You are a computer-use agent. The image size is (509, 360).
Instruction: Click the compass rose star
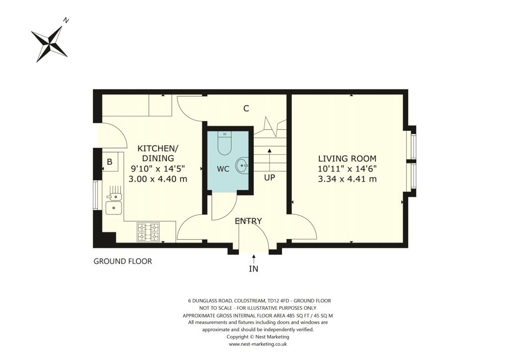point(49,43)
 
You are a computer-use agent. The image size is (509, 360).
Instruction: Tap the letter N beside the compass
point(66,20)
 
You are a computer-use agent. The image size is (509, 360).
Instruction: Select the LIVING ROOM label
point(347,159)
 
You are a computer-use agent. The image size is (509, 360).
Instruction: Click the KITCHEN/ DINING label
point(158,153)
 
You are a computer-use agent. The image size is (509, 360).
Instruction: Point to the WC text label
point(223,169)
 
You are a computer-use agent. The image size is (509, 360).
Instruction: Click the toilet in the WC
point(225,143)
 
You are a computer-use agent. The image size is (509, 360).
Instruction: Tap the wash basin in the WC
point(242,164)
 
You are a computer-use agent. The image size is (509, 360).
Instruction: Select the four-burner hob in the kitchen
point(148,232)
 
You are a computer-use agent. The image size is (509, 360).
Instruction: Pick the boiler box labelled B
point(109,162)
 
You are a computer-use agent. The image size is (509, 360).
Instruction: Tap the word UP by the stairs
point(269,177)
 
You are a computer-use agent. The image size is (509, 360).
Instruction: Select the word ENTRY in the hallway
point(249,221)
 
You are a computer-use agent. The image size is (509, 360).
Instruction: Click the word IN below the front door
point(254,269)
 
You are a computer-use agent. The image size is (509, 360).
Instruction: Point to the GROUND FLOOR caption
point(123,261)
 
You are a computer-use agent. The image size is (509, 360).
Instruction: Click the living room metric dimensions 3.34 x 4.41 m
point(347,179)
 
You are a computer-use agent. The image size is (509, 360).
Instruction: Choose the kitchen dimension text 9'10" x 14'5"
point(158,168)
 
